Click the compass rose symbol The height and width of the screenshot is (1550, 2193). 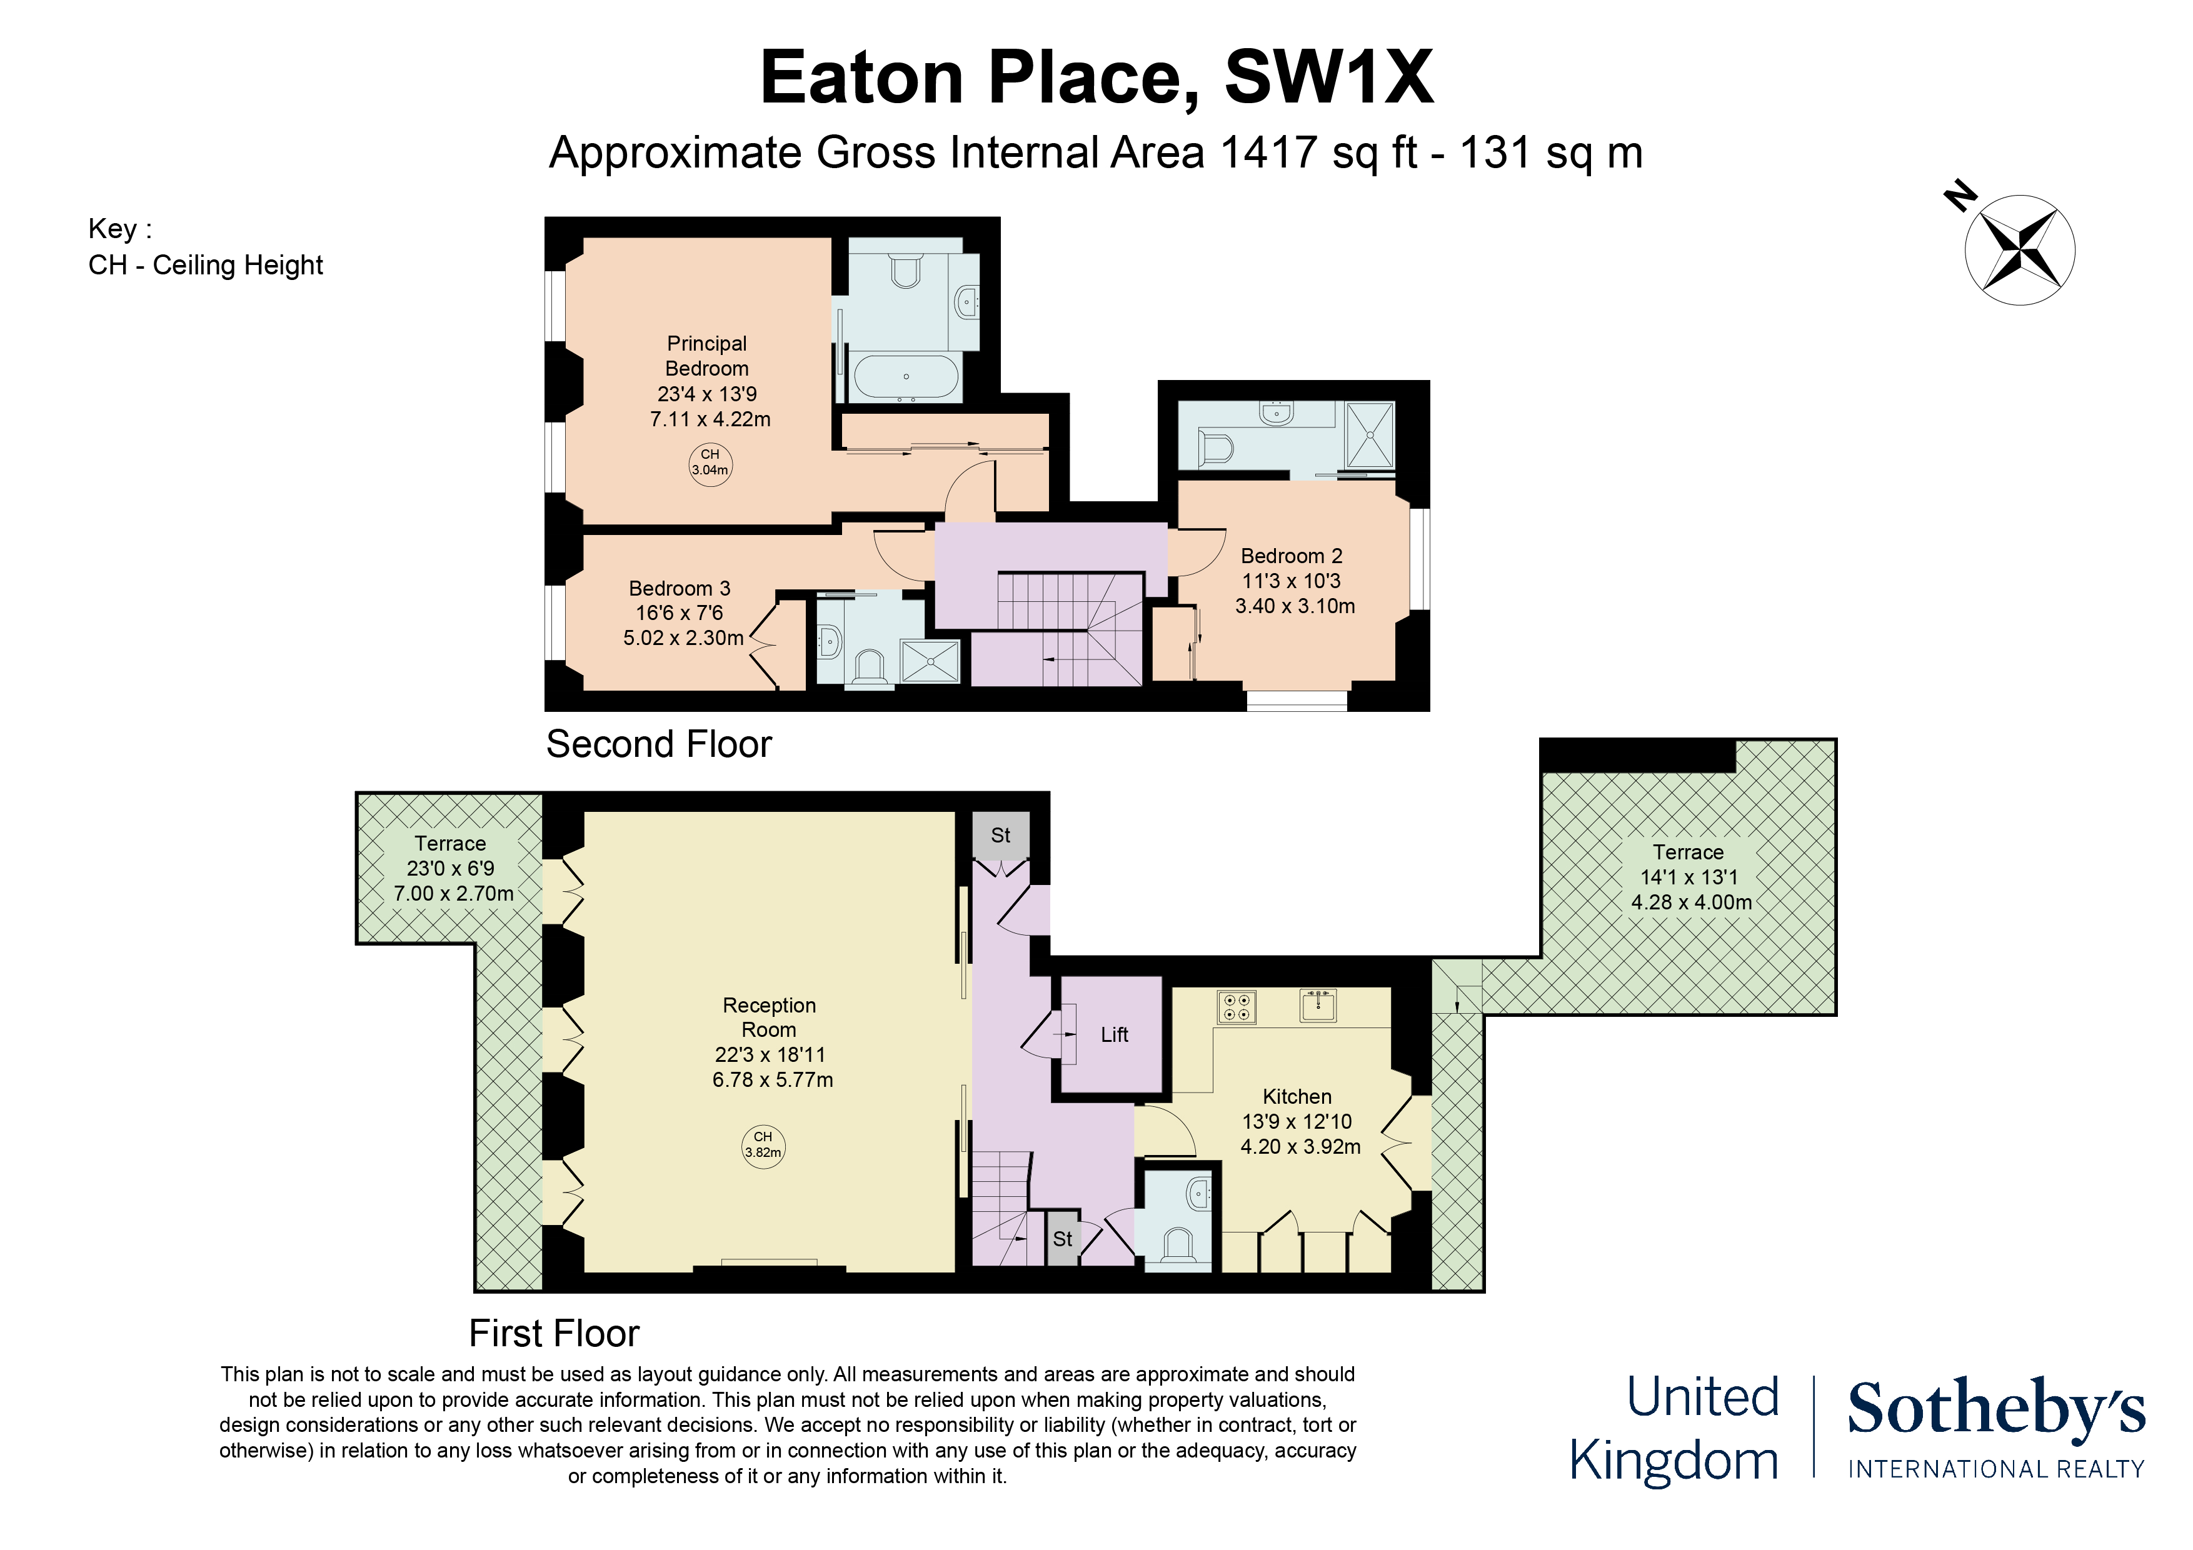pyautogui.click(x=2019, y=250)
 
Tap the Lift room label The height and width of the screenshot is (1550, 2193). pyautogui.click(x=1114, y=1034)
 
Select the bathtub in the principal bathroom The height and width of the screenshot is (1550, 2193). pyautogui.click(x=905, y=376)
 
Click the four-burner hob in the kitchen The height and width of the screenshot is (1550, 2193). pyautogui.click(x=1237, y=1007)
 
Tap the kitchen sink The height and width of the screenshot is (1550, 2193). pyautogui.click(x=1318, y=1004)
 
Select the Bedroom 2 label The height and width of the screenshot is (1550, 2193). pyautogui.click(x=1292, y=556)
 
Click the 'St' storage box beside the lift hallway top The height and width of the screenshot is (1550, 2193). pyautogui.click(x=1001, y=836)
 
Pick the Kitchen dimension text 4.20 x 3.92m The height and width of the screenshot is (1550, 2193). pyautogui.click(x=1300, y=1146)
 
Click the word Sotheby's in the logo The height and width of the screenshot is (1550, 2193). pyautogui.click(x=1996, y=1409)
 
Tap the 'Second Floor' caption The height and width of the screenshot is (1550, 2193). pyautogui.click(x=658, y=744)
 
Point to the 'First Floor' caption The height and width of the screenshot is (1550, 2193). pyautogui.click(x=554, y=1333)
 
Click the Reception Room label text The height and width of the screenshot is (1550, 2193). pyautogui.click(x=769, y=1017)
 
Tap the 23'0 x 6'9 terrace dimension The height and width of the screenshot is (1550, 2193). pyautogui.click(x=451, y=868)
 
